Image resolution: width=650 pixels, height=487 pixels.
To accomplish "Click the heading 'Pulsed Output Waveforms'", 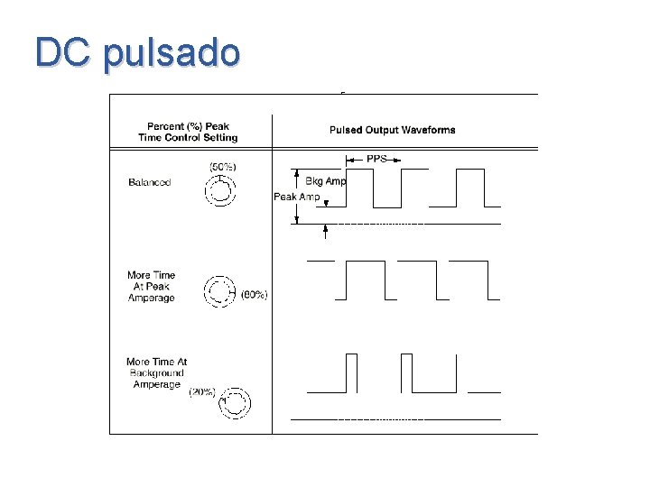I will [x=392, y=130].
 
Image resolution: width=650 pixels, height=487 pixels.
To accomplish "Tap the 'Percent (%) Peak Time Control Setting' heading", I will [x=188, y=132].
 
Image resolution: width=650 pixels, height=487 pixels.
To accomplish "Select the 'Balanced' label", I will [x=150, y=182].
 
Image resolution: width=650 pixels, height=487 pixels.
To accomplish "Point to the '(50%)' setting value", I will [x=222, y=167].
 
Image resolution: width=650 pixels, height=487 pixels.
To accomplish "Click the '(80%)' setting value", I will [x=255, y=294].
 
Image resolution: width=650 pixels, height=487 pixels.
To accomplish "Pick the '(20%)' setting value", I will [x=201, y=391].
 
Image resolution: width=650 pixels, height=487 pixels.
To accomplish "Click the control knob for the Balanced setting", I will [x=221, y=192].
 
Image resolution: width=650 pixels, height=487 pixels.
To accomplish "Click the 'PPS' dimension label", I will [x=376, y=159].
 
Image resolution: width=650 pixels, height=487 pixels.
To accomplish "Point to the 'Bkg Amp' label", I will [x=325, y=181].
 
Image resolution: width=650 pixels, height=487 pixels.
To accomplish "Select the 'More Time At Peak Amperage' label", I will [x=152, y=287].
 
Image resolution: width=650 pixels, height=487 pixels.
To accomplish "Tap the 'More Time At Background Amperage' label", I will [x=157, y=373].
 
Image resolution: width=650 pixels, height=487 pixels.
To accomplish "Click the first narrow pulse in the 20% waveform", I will [x=352, y=373].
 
